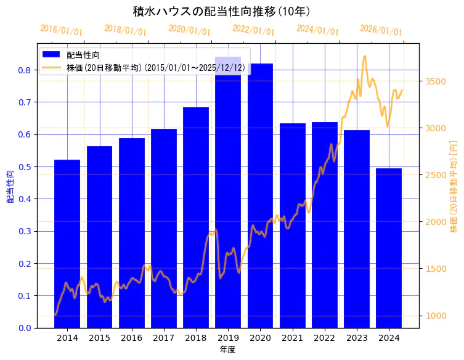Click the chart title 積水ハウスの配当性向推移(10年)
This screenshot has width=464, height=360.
click(221, 12)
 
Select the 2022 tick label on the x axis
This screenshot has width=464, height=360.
click(325, 338)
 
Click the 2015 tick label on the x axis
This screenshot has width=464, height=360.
click(99, 338)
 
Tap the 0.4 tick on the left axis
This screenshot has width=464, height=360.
click(25, 199)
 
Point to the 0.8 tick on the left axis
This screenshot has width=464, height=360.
click(25, 70)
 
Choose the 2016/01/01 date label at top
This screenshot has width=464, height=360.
click(61, 30)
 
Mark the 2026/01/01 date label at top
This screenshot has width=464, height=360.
click(381, 30)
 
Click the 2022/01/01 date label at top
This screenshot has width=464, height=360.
click(253, 30)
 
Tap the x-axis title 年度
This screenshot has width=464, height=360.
click(228, 350)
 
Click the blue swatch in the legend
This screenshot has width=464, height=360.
click(51, 55)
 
